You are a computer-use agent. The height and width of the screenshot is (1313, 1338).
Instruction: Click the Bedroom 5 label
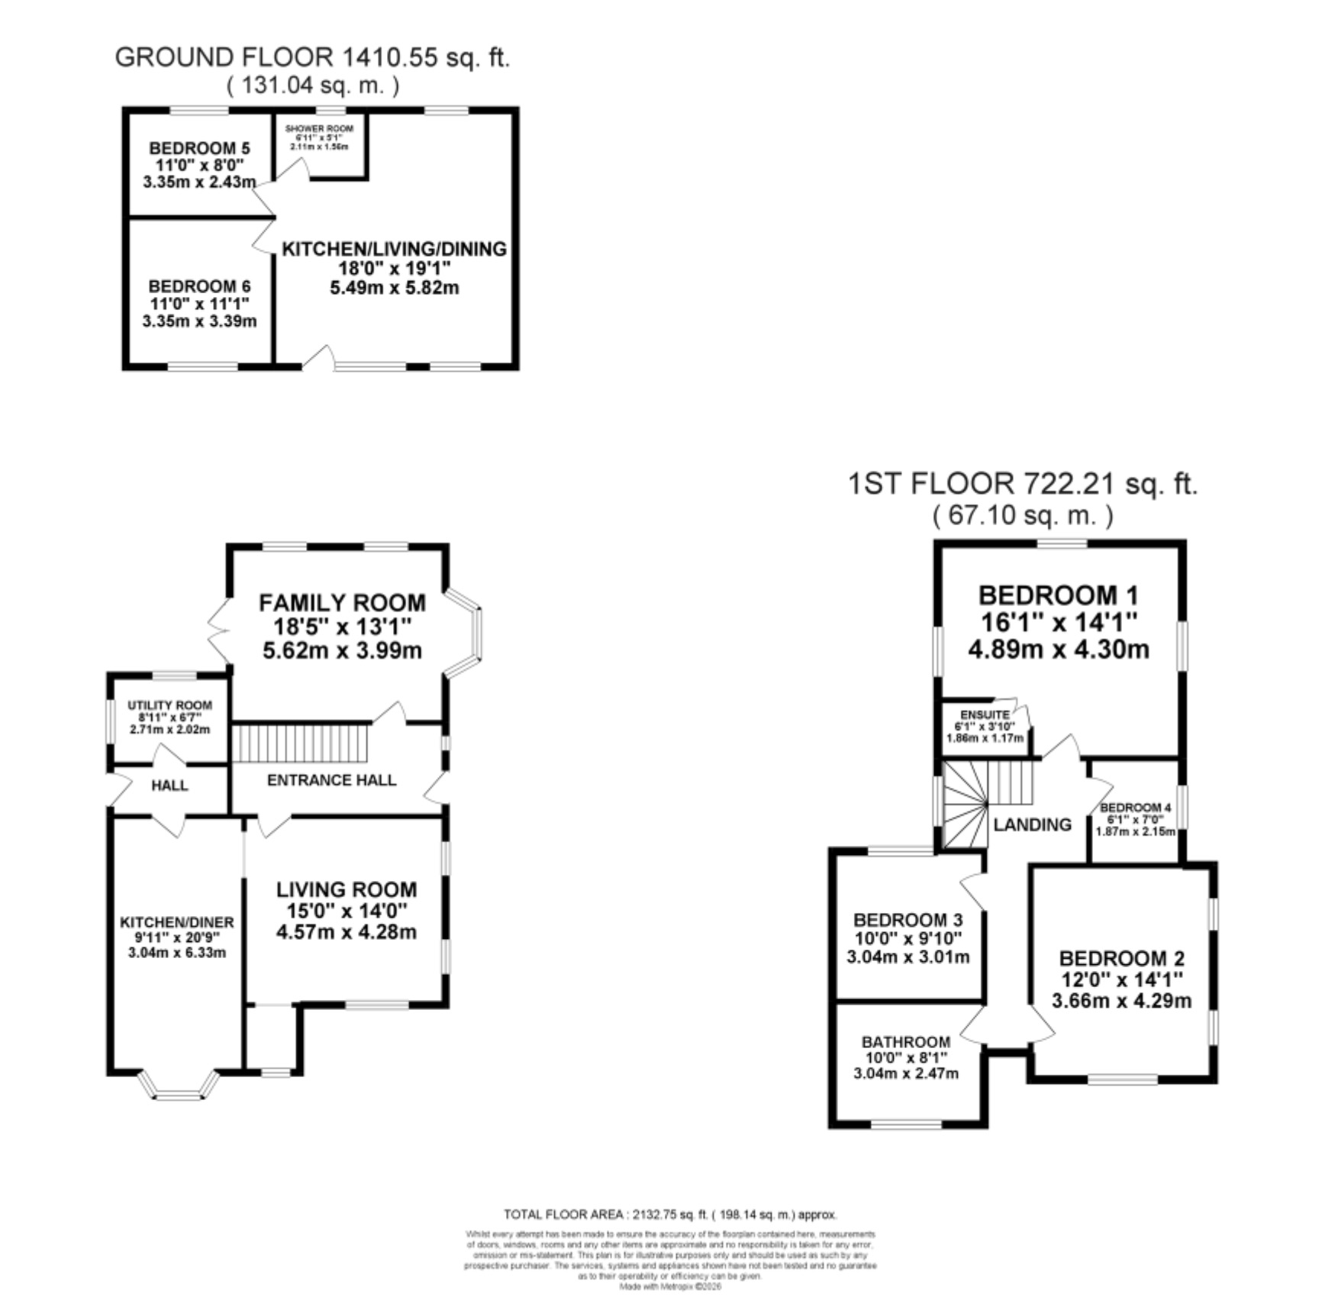tap(199, 148)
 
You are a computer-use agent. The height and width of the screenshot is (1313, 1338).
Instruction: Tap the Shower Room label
tap(319, 129)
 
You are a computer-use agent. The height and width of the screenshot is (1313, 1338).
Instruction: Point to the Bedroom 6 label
tap(199, 286)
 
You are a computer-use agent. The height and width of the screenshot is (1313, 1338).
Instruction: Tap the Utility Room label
tap(169, 705)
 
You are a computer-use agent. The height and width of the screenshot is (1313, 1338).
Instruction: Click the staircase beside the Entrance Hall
tap(300, 743)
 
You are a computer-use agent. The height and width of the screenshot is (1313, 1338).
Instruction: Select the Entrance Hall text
tap(331, 780)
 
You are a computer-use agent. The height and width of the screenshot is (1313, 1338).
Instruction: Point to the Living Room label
tap(347, 889)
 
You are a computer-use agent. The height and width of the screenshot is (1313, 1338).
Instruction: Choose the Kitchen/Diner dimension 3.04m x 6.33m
tap(177, 953)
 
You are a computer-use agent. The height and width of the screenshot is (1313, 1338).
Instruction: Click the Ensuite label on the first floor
tap(985, 715)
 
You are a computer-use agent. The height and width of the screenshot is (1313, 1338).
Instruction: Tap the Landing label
tap(1032, 824)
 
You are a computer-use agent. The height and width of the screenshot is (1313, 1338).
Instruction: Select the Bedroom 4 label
tap(1135, 808)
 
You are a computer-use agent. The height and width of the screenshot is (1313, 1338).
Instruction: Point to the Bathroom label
tap(906, 1042)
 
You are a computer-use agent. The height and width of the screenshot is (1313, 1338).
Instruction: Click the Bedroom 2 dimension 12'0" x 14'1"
tap(1121, 979)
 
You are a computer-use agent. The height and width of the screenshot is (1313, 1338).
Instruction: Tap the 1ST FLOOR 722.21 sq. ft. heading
tap(1023, 484)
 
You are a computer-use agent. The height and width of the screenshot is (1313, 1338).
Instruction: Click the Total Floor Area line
tap(670, 1215)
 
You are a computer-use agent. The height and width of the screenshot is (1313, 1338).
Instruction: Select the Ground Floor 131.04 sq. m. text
tap(312, 85)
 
